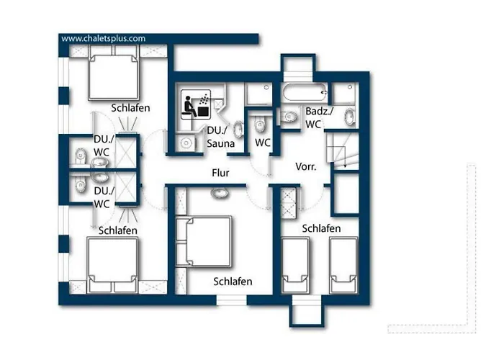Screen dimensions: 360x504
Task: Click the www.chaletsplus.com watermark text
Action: pos(103,38)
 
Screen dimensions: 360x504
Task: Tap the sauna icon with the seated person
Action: pos(194,105)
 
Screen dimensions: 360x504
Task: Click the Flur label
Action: pos(220,173)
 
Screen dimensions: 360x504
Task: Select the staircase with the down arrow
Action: pos(338,151)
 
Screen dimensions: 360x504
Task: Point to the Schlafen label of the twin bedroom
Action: pos(321,228)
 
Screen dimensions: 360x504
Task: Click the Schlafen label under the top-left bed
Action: pos(130,108)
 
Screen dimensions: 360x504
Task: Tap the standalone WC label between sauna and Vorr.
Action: pos(263,143)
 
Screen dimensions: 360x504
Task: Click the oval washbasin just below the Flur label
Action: pos(218,193)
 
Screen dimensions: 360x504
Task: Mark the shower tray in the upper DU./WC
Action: pos(127,151)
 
